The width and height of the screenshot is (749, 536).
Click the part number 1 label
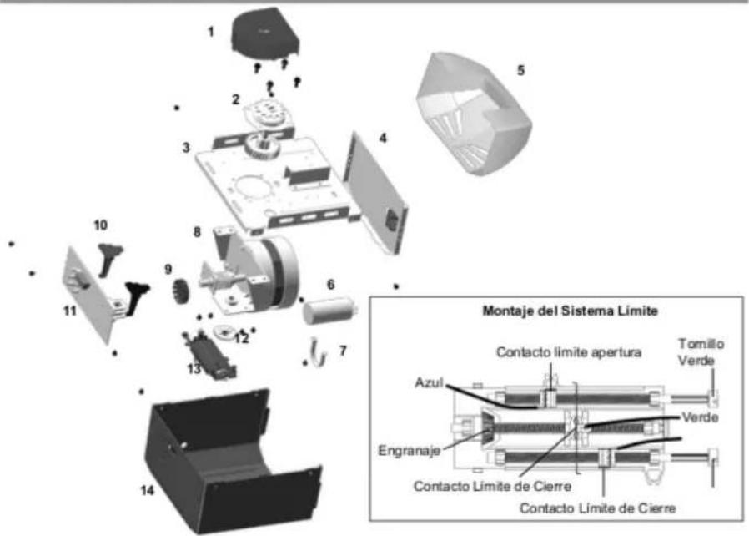(x=211, y=32)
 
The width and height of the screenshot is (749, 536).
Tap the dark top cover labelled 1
(x=265, y=33)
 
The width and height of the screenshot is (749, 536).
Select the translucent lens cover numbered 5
(x=473, y=114)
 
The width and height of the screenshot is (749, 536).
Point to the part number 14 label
(x=147, y=490)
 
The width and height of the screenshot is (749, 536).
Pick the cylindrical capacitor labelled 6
(x=329, y=310)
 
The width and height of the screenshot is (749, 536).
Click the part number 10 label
(x=100, y=225)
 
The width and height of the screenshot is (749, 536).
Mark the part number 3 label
(x=186, y=148)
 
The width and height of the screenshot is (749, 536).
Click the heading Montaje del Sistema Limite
(x=570, y=311)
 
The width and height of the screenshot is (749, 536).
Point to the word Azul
(x=429, y=382)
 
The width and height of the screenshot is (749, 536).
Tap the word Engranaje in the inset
(x=409, y=450)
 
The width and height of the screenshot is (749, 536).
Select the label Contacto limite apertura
(x=569, y=352)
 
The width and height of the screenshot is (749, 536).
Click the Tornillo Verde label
(x=701, y=352)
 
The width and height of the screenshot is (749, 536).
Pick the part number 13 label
(x=194, y=369)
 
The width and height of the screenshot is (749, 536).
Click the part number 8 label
(x=197, y=232)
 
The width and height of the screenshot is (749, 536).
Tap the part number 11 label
(x=70, y=311)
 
